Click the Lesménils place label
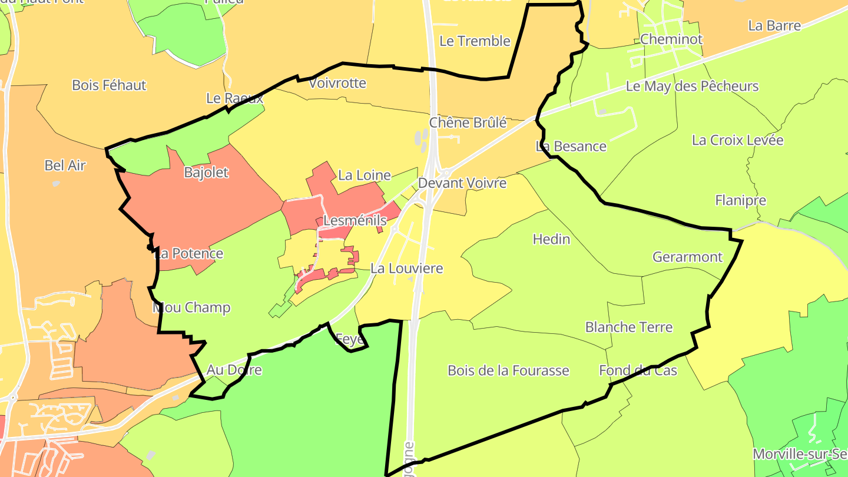(355, 221)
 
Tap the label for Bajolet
(206, 173)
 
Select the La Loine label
(365, 175)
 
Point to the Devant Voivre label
(462, 183)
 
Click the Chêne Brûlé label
(468, 122)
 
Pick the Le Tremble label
(475, 41)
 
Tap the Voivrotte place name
(337, 83)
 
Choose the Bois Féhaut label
(109, 85)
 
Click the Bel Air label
(65, 165)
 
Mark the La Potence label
(188, 254)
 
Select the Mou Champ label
(191, 307)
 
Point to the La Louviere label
(406, 269)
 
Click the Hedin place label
(551, 239)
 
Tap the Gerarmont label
(687, 257)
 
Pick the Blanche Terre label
(628, 327)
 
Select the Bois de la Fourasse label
(508, 370)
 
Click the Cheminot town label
(671, 39)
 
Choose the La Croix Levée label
(737, 140)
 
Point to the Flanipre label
(740, 200)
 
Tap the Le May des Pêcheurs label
(692, 87)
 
